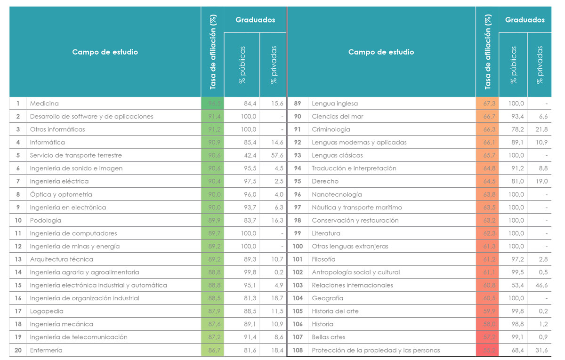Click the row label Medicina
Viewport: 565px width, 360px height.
click(x=44, y=104)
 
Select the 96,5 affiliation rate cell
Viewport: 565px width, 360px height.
click(x=214, y=104)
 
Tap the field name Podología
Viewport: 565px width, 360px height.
click(x=45, y=220)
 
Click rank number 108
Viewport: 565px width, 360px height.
click(x=298, y=350)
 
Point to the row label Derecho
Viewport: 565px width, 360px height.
click(x=325, y=181)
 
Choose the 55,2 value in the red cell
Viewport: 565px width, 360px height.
click(x=489, y=350)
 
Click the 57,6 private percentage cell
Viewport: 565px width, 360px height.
click(x=277, y=155)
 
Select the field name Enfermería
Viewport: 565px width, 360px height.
click(x=46, y=350)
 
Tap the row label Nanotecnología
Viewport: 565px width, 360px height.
click(x=337, y=194)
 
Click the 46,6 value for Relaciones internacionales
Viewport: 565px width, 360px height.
click(x=541, y=285)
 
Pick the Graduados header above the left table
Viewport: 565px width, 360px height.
click(x=255, y=20)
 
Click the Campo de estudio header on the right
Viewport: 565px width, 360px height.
click(x=381, y=52)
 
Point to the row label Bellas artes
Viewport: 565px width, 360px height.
click(x=329, y=337)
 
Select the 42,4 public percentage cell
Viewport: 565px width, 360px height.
click(x=250, y=155)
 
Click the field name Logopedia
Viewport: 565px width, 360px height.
click(x=47, y=311)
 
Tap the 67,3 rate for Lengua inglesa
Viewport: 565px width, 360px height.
click(x=489, y=104)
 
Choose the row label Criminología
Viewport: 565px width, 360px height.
click(x=331, y=129)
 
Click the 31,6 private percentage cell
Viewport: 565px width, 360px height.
click(x=541, y=350)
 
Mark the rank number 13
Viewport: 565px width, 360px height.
click(x=18, y=259)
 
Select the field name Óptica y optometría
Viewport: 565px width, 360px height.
click(x=61, y=194)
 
